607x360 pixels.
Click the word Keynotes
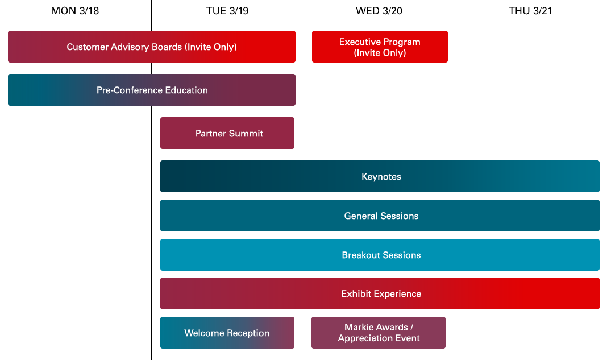pyautogui.click(x=381, y=177)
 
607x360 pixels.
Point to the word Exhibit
pyautogui.click(x=356, y=294)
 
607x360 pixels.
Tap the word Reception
pyautogui.click(x=248, y=333)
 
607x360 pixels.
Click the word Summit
pyautogui.click(x=247, y=134)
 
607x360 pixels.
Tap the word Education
pyautogui.click(x=186, y=90)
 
